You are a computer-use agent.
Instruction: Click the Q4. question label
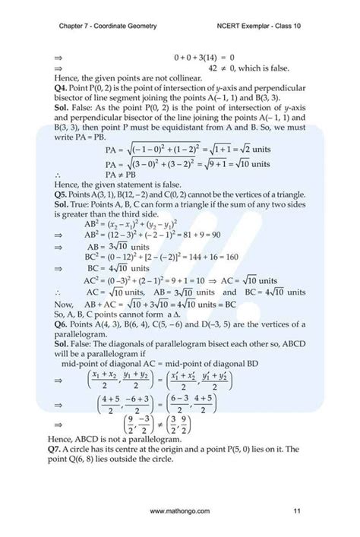point(63,88)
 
